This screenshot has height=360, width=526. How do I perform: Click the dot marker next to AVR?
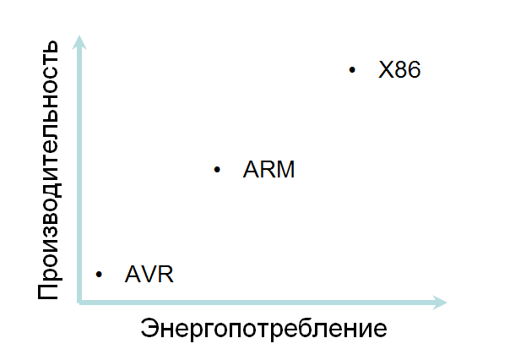[x=100, y=275]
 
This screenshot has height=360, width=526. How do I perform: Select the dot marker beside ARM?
[x=217, y=170]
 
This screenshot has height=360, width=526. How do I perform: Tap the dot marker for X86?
[x=352, y=69]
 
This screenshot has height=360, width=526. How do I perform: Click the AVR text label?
[x=149, y=275]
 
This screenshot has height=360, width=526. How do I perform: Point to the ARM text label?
[x=268, y=170]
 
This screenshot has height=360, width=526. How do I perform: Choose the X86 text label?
[x=399, y=69]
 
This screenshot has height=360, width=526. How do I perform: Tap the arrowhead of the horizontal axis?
[x=438, y=301]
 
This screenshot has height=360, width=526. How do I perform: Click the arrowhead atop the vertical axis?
[x=79, y=42]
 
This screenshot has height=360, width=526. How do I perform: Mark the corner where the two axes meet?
[x=79, y=301]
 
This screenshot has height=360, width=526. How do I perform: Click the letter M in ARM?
[x=285, y=170]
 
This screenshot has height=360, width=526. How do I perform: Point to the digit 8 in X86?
[x=399, y=69]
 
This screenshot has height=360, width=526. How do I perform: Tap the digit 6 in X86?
[x=413, y=69]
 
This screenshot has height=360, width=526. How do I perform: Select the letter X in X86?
[x=386, y=69]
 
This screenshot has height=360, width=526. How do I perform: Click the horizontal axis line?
[x=253, y=301]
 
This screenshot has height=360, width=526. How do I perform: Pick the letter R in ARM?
[x=267, y=170]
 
